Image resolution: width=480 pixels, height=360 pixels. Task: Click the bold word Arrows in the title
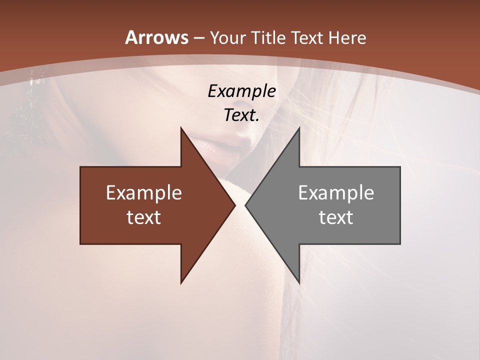point(156,37)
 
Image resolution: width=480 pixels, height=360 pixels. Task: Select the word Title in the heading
point(269,38)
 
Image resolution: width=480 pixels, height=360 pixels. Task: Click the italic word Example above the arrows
point(241,91)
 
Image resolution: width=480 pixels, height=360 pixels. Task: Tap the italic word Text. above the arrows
point(241,115)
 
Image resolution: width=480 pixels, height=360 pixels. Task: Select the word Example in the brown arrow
point(144,193)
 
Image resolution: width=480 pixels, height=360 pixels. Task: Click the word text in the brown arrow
point(144,217)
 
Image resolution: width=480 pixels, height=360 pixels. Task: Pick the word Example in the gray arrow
point(336,193)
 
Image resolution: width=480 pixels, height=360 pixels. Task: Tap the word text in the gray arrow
point(336,217)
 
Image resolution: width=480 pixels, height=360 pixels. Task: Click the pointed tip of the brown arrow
point(234,205)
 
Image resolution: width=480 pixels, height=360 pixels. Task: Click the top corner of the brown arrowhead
point(181,128)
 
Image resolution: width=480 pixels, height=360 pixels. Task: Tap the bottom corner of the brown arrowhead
point(181,282)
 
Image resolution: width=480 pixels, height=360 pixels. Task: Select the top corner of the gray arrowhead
point(299,128)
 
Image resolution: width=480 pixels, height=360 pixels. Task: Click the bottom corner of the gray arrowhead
point(299,282)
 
